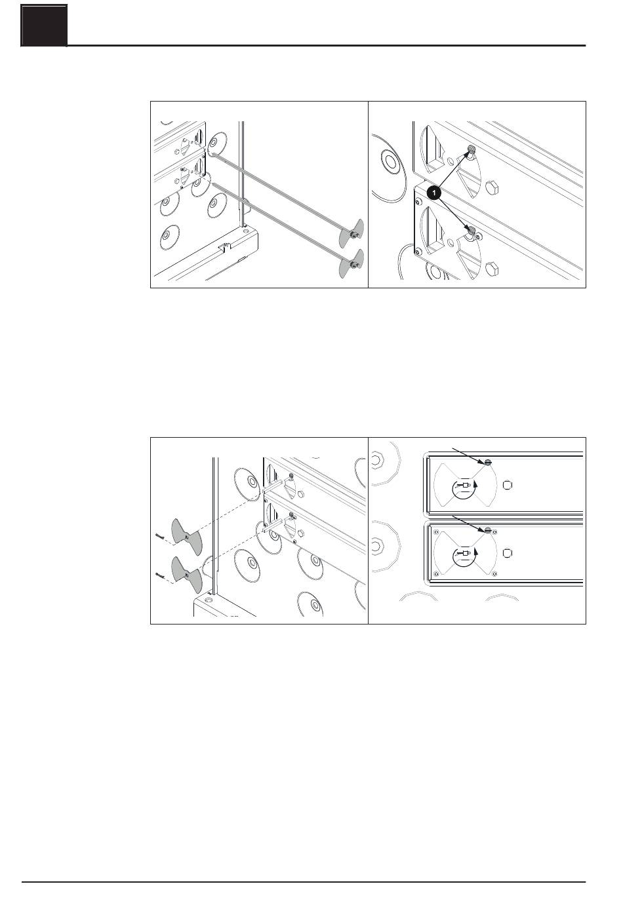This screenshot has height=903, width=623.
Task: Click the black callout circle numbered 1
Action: [433, 193]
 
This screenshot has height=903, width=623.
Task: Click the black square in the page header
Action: [45, 26]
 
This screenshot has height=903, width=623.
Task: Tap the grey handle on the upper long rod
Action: [350, 233]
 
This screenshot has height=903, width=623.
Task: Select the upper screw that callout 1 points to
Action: [470, 151]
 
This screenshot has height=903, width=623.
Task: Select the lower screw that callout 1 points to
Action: [471, 230]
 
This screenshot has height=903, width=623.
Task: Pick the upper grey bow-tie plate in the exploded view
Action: [186, 537]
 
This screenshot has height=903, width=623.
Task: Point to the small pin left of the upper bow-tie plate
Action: [159, 536]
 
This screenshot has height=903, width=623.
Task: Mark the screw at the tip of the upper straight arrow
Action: [487, 462]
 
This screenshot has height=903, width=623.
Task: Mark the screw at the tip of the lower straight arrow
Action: [487, 529]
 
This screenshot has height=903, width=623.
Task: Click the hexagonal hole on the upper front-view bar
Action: [508, 485]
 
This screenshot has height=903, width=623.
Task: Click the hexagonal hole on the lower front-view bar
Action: [508, 552]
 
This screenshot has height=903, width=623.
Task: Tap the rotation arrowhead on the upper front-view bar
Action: [476, 484]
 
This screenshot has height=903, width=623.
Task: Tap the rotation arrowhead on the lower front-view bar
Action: [476, 552]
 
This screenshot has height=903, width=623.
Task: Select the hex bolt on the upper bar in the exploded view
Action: [300, 494]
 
